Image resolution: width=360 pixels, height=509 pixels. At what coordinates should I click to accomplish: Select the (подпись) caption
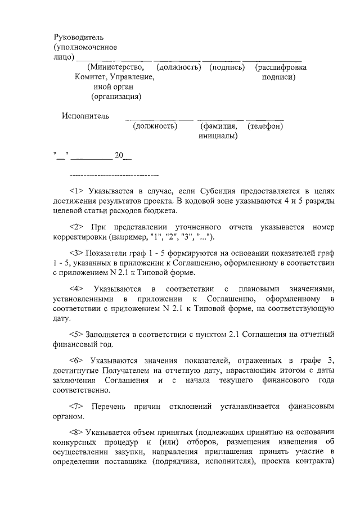point(227,67)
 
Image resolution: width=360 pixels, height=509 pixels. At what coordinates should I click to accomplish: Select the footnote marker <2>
point(76,227)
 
